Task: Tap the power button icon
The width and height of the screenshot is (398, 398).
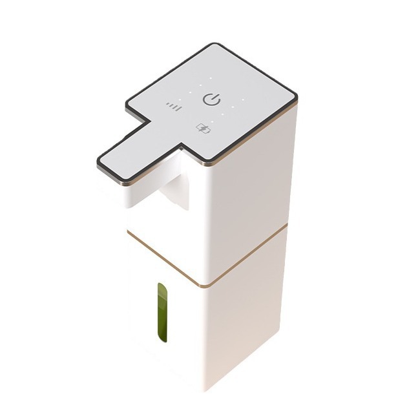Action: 212,99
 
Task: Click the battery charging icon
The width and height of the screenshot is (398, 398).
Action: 204,129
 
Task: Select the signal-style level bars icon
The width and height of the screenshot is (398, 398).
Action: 173,107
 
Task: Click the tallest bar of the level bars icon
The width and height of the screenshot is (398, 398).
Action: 179,106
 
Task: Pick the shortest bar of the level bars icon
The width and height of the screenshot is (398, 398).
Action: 167,105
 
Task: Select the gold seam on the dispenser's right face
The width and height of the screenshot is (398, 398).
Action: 246,255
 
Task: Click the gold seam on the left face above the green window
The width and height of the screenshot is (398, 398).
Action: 162,258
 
